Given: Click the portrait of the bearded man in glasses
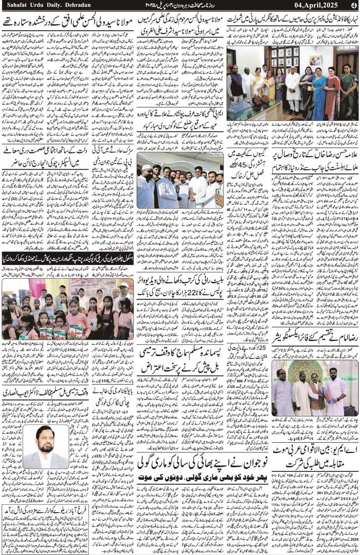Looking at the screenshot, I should point(46,448).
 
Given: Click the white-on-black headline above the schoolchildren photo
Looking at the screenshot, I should point(68,260).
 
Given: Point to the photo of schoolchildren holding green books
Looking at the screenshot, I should point(68,308).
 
